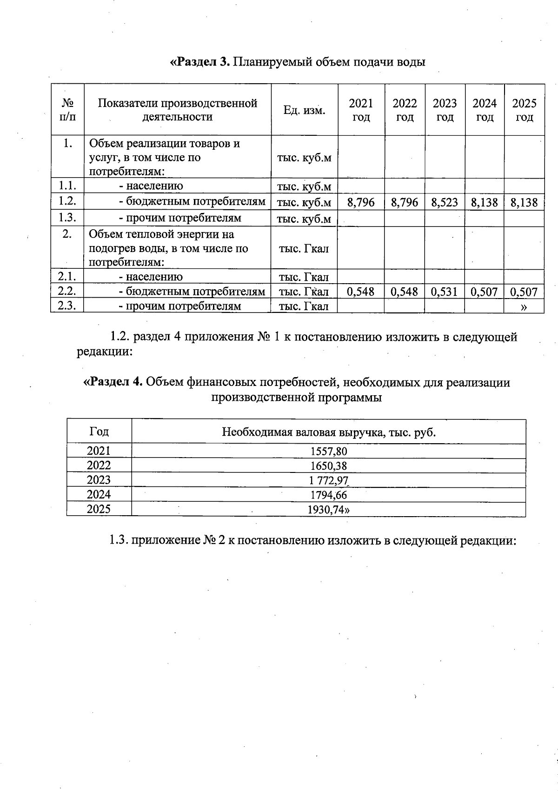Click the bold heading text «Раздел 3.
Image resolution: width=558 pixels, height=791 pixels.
coord(200,62)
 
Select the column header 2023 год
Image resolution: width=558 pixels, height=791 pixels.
coord(445,110)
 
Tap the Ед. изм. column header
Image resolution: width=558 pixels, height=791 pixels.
coord(304,110)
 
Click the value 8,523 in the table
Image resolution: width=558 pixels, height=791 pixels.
coord(445,203)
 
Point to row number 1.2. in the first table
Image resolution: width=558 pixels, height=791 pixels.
coord(67,201)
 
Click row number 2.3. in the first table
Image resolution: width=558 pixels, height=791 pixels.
coord(67,306)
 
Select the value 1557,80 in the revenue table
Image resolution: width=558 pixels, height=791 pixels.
coord(328,451)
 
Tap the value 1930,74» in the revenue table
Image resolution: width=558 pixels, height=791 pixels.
coord(328,510)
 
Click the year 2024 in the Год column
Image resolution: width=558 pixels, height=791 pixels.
coord(99,494)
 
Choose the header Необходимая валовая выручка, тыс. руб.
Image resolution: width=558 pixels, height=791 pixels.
coord(328,432)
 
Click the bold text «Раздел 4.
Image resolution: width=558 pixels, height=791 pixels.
coord(113,382)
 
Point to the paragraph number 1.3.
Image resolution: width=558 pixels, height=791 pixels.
coord(119,540)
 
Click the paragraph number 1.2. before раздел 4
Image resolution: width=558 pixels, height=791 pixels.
coord(120,337)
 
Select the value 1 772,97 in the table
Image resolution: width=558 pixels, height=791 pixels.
coord(328,480)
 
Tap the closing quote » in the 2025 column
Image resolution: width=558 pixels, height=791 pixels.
coord(524,306)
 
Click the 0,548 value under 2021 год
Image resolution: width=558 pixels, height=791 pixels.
coord(361,292)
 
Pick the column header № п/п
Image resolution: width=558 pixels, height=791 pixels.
coord(67,110)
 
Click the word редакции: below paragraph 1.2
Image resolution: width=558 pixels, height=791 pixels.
coord(105,351)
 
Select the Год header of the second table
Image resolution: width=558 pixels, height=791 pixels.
coord(99,432)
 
